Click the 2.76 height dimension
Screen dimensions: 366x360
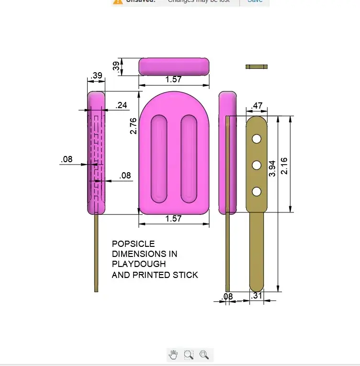133,126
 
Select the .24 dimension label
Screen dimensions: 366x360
122,105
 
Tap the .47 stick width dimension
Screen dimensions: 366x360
257,106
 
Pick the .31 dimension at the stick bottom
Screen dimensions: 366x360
257,296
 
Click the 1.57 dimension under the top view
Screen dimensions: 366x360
173,80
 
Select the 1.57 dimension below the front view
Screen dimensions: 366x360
173,219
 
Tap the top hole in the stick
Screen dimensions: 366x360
257,139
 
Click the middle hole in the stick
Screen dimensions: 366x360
257,165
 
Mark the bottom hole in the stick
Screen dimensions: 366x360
257,191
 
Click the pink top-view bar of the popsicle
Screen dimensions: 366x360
174,67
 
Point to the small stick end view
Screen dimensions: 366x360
257,67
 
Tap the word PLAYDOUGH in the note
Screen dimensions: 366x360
139,264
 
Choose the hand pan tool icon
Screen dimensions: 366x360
173,355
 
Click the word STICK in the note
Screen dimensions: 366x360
186,275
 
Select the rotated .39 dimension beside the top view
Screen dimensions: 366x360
116,67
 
